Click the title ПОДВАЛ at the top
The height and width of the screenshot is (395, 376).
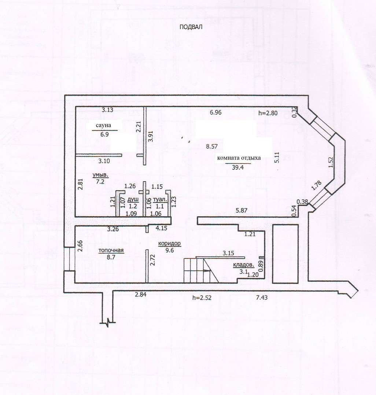click(191, 27)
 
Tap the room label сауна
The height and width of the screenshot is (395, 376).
click(103, 125)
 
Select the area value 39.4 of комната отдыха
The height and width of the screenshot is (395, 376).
click(237, 167)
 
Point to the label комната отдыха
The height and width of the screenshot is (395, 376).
click(239, 158)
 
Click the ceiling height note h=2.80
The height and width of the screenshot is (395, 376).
click(268, 113)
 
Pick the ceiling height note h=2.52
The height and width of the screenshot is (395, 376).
click(202, 298)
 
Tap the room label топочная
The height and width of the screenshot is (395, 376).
click(111, 250)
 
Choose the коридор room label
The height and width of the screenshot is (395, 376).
click(169, 244)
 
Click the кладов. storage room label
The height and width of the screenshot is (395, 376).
click(243, 265)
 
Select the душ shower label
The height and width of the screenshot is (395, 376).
click(133, 200)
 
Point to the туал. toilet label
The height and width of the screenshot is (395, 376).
click(160, 200)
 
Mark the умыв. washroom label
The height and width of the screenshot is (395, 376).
click(100, 175)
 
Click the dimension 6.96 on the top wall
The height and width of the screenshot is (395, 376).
click(216, 112)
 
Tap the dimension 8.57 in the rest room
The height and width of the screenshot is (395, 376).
click(212, 146)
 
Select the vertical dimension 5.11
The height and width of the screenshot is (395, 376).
click(277, 158)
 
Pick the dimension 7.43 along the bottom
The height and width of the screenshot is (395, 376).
click(262, 298)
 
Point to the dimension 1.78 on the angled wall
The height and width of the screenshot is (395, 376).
click(317, 186)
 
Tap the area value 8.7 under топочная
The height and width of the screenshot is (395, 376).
click(111, 257)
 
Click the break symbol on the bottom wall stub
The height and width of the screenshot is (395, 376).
click(108, 322)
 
